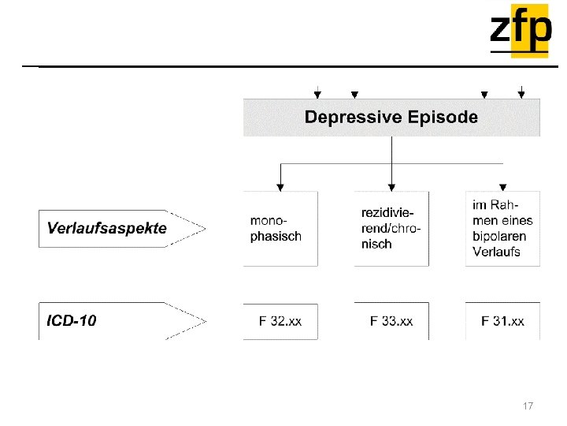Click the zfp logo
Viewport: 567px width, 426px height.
[520, 30]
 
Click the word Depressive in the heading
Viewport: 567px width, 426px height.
[353, 118]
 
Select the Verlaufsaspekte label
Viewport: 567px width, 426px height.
[107, 228]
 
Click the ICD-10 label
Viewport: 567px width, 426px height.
[72, 321]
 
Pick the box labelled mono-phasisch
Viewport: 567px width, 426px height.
[280, 228]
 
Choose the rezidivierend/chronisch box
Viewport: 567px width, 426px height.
[391, 228]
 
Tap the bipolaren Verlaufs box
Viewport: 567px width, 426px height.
[502, 228]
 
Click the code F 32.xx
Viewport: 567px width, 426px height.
[280, 321]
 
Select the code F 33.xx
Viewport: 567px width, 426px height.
[391, 321]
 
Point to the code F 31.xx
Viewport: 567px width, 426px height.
[502, 321]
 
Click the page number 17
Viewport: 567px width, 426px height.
[528, 405]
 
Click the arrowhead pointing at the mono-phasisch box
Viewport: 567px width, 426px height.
[280, 187]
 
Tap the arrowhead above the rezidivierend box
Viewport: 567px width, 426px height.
[391, 187]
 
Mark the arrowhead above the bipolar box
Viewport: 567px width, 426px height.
[503, 187]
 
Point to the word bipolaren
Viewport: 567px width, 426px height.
[499, 236]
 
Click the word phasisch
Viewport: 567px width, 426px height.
[276, 236]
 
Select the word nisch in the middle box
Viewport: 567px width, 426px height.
[376, 245]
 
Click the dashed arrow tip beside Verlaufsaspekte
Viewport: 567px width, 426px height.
[204, 228]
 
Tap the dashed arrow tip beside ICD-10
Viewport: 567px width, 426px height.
[204, 321]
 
